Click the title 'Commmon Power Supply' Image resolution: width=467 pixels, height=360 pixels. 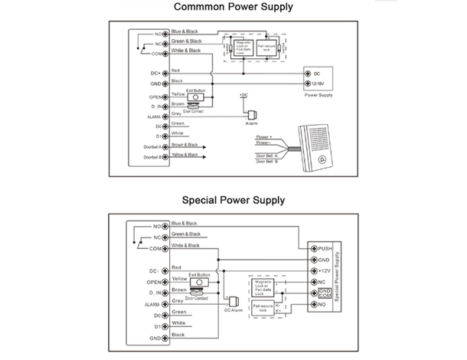pos(233,8)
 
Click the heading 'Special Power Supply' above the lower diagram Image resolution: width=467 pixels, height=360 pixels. pos(233,200)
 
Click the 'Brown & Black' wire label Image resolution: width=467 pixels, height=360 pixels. pos(185,144)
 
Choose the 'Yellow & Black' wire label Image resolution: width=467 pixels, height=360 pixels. pos(185,155)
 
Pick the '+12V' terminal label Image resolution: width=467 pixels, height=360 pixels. pos(325,271)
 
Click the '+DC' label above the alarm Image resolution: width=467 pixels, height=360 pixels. pos(244,95)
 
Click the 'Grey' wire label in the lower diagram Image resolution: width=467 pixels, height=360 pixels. pos(177,300)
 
